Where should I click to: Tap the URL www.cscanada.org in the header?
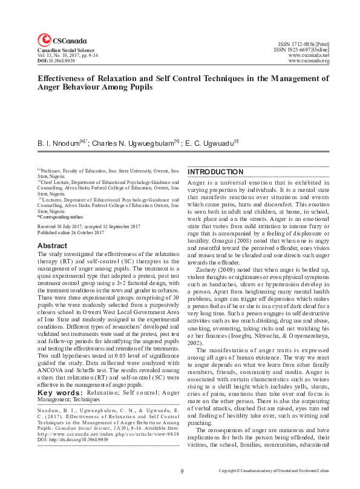click(x=309, y=61)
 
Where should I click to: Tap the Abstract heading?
click(x=52, y=246)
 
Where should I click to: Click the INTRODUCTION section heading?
click(x=215, y=172)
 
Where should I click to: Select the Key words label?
click(x=60, y=392)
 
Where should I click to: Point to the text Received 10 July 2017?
click(x=64, y=226)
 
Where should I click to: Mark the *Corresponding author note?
click(x=61, y=217)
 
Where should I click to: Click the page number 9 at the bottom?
click(x=181, y=470)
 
